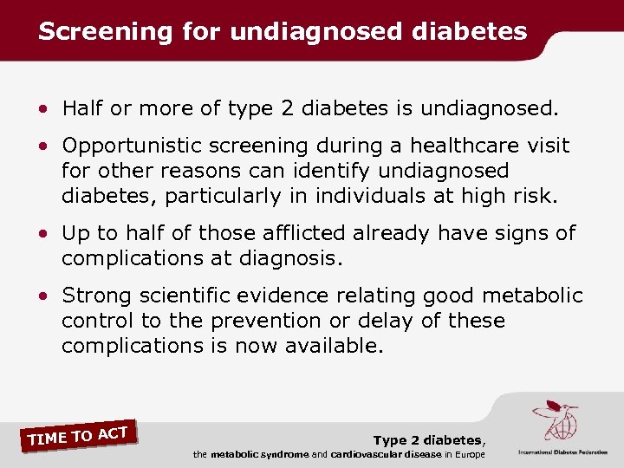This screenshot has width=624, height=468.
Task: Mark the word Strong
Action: point(97,296)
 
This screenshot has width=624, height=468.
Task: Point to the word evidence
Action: point(302,296)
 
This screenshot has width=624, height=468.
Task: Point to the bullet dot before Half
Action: point(43,108)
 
